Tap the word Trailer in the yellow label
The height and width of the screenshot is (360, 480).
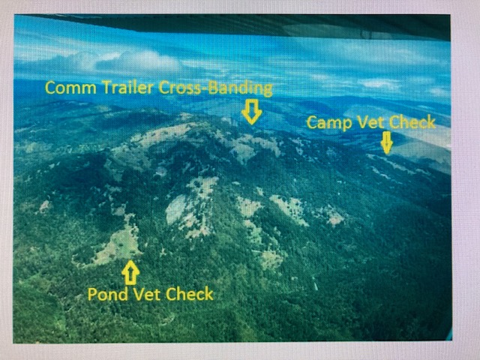click(x=127, y=87)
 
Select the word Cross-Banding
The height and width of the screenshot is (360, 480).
click(x=215, y=88)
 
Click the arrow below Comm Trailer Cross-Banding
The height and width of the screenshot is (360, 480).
click(x=252, y=112)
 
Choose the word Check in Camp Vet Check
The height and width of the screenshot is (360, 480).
click(x=410, y=121)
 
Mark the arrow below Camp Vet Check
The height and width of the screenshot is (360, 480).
click(x=387, y=142)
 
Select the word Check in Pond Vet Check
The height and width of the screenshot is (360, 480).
click(x=189, y=293)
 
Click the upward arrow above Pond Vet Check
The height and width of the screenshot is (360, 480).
click(x=130, y=272)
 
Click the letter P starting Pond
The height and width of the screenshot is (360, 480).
click(x=91, y=294)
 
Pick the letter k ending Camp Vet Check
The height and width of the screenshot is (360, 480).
click(x=432, y=121)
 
